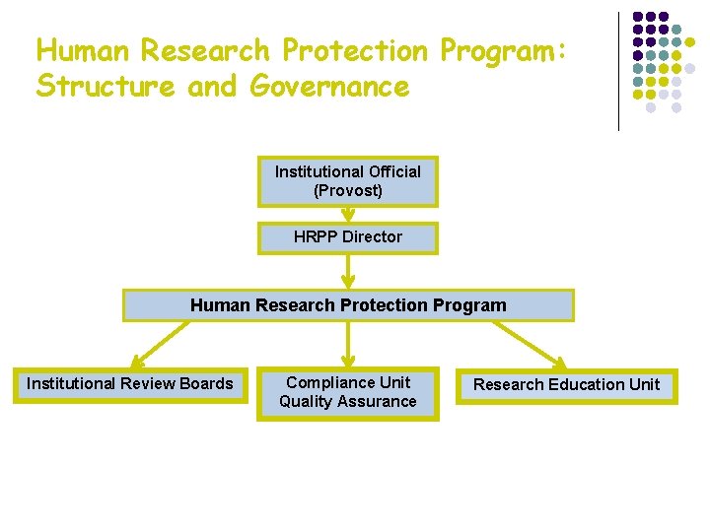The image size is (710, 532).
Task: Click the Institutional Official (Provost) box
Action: coord(347,181)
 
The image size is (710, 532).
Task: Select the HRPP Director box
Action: coord(347,237)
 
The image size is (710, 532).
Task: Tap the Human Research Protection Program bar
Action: coord(347,305)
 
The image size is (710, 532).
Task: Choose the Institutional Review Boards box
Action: coord(130,384)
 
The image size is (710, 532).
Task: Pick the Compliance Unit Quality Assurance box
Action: coord(347,392)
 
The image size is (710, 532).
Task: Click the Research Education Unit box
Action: coord(566,384)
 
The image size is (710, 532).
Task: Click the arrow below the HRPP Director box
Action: coord(347,270)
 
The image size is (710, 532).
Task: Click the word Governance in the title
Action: coord(329,87)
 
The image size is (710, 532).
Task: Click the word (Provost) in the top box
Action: coord(347,190)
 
